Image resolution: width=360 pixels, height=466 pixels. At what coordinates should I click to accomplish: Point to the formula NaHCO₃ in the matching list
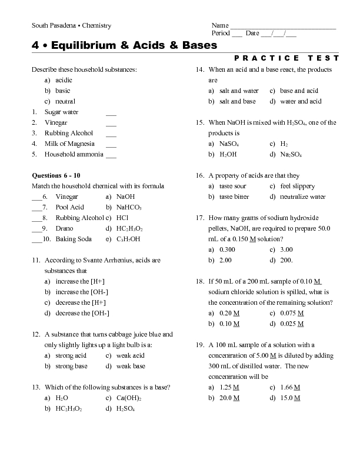click(129, 207)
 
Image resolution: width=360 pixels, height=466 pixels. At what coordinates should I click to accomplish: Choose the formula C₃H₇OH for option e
click(128, 239)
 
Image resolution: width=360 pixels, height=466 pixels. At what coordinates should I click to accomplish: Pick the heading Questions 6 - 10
click(55, 175)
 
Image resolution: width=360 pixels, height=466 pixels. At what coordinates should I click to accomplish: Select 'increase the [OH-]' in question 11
click(82, 292)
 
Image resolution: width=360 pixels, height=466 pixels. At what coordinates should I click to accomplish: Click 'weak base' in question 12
click(131, 366)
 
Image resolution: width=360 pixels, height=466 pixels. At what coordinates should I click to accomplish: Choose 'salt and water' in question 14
click(239, 91)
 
